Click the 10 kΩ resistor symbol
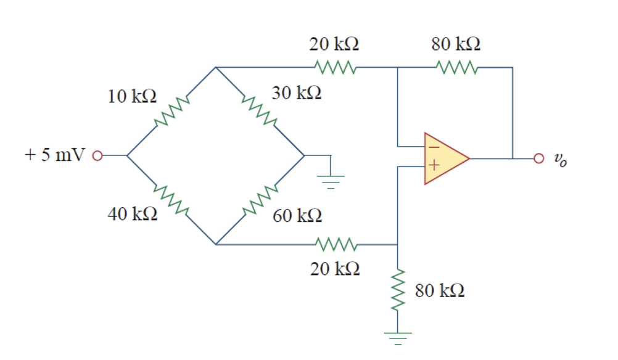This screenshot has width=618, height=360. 170,112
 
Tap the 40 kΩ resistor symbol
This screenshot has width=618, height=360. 170,200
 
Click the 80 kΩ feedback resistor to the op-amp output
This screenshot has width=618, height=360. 455,67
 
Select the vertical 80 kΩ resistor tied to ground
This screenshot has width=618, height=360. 398,290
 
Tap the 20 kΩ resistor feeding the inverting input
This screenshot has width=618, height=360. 334,67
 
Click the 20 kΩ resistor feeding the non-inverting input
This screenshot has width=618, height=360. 334,244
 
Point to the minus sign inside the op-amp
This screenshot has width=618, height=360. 433,147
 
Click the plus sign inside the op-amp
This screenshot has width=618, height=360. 433,165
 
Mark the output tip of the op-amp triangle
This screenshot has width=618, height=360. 470,158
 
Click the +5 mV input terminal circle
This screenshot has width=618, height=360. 96,155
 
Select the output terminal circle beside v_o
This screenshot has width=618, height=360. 538,158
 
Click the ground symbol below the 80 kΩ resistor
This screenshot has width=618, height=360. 398,337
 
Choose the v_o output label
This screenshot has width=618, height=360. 559,160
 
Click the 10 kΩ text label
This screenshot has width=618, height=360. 132,97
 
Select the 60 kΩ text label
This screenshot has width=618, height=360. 297,215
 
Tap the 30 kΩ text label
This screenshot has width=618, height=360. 296,94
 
